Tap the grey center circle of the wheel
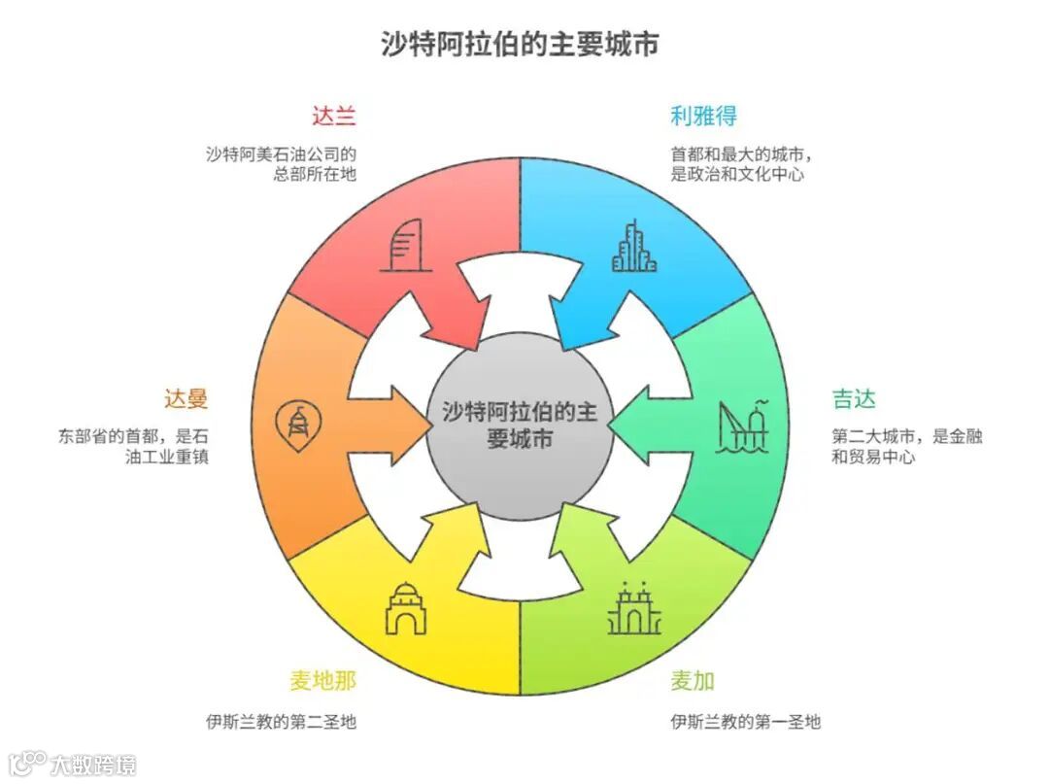coord(520,425)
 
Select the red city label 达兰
coord(334,116)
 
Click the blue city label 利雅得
coord(703,116)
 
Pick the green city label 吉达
coord(854,398)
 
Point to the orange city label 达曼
coord(186,398)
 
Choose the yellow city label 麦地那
coord(322,680)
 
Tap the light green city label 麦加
coord(693,680)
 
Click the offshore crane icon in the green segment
coord(743,426)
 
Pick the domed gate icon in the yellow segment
coord(405,608)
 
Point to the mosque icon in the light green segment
coord(634,610)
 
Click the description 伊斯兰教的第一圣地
coord(745,722)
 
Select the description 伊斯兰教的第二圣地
coord(281,722)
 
